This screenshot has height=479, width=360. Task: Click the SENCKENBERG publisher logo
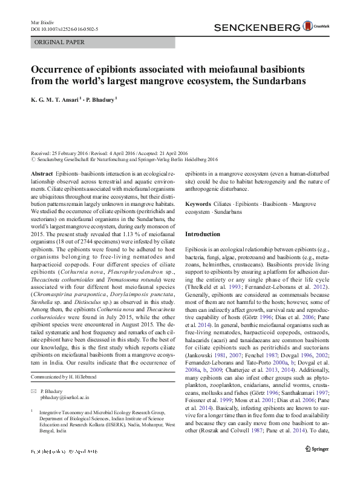coord(258,27)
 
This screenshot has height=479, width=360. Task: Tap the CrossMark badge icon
coord(319,27)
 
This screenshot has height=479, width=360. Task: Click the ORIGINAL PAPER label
coord(60,42)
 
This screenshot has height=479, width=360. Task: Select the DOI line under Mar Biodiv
coord(64,29)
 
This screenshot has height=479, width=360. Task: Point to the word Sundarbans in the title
coord(276,81)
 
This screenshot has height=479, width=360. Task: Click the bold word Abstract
coord(41,173)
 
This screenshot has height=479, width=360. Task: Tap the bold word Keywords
coord(198,205)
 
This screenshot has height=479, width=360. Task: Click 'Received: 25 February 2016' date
coord(61,154)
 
